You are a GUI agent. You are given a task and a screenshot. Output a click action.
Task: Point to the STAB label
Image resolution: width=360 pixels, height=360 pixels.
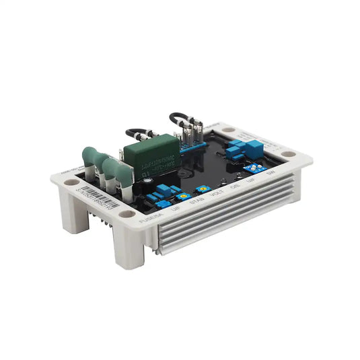tap(197, 201)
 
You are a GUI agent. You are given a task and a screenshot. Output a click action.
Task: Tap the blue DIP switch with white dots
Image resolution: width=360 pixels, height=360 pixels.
tap(258, 166)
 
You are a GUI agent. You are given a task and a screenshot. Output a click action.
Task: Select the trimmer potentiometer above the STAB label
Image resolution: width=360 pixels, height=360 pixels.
tap(200, 190)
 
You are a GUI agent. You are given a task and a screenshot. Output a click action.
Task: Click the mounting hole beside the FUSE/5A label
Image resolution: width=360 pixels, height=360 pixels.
tap(127, 214)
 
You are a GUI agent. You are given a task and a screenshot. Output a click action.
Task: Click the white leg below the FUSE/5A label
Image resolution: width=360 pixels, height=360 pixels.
tap(130, 246)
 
